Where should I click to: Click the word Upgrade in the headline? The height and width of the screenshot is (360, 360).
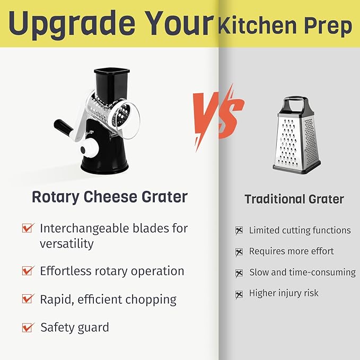pos(69,23)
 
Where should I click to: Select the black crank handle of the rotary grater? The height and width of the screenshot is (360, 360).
pos(63,128)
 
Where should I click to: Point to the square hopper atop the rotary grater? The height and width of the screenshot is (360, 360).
pos(112,80)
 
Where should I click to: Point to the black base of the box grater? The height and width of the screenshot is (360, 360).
pos(296,169)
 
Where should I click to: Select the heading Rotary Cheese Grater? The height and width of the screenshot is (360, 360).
pos(110,197)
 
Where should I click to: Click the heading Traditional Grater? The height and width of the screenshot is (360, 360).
pos(294,199)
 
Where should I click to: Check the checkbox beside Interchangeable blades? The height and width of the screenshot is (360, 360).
pos(28,229)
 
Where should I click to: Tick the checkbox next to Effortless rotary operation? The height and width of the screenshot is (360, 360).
pos(28,271)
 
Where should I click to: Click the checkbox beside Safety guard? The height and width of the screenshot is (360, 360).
pos(28,327)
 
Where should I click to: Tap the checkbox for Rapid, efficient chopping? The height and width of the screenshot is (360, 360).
pos(28,299)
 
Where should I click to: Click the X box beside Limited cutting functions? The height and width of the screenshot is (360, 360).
pos(239,231)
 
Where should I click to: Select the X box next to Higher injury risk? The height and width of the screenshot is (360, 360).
pos(239,293)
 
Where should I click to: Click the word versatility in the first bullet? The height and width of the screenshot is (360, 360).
pos(67,244)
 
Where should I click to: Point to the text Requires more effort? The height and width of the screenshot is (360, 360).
pos(291,251)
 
